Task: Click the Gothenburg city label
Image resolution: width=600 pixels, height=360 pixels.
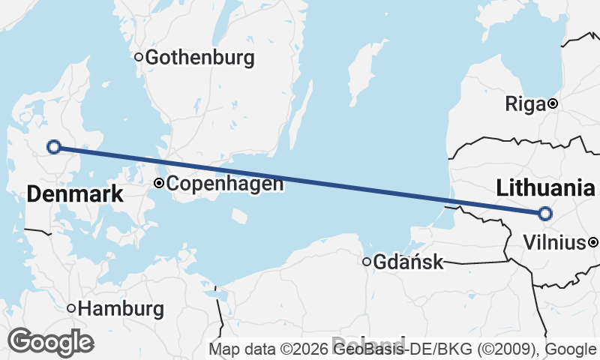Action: (x=200, y=58)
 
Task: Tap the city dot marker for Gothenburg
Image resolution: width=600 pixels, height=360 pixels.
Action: (x=139, y=56)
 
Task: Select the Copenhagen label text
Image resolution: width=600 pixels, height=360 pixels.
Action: (x=225, y=183)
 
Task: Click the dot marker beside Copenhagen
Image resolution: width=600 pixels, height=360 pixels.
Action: (x=159, y=183)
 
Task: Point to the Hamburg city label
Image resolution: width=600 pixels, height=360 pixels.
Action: (x=121, y=308)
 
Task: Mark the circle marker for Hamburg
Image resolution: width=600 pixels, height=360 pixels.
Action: (x=72, y=307)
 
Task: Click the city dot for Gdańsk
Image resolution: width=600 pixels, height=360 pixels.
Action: (x=367, y=262)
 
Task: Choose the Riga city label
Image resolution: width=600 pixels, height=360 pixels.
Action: (x=525, y=104)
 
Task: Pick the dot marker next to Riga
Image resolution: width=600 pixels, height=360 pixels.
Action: (x=553, y=103)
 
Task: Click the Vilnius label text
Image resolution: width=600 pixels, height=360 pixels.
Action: (x=555, y=243)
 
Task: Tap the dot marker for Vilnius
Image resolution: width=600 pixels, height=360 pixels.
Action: (x=593, y=242)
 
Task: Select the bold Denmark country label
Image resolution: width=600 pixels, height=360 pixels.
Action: (x=74, y=195)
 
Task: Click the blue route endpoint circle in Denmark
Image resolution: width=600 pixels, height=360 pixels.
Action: (x=53, y=146)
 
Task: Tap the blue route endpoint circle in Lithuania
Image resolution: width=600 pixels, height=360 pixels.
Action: (x=545, y=214)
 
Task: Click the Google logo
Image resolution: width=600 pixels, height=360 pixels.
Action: (x=50, y=342)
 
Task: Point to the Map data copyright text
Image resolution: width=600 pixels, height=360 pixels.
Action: (x=402, y=349)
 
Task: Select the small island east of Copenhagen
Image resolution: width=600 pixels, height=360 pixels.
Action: (x=239, y=216)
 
